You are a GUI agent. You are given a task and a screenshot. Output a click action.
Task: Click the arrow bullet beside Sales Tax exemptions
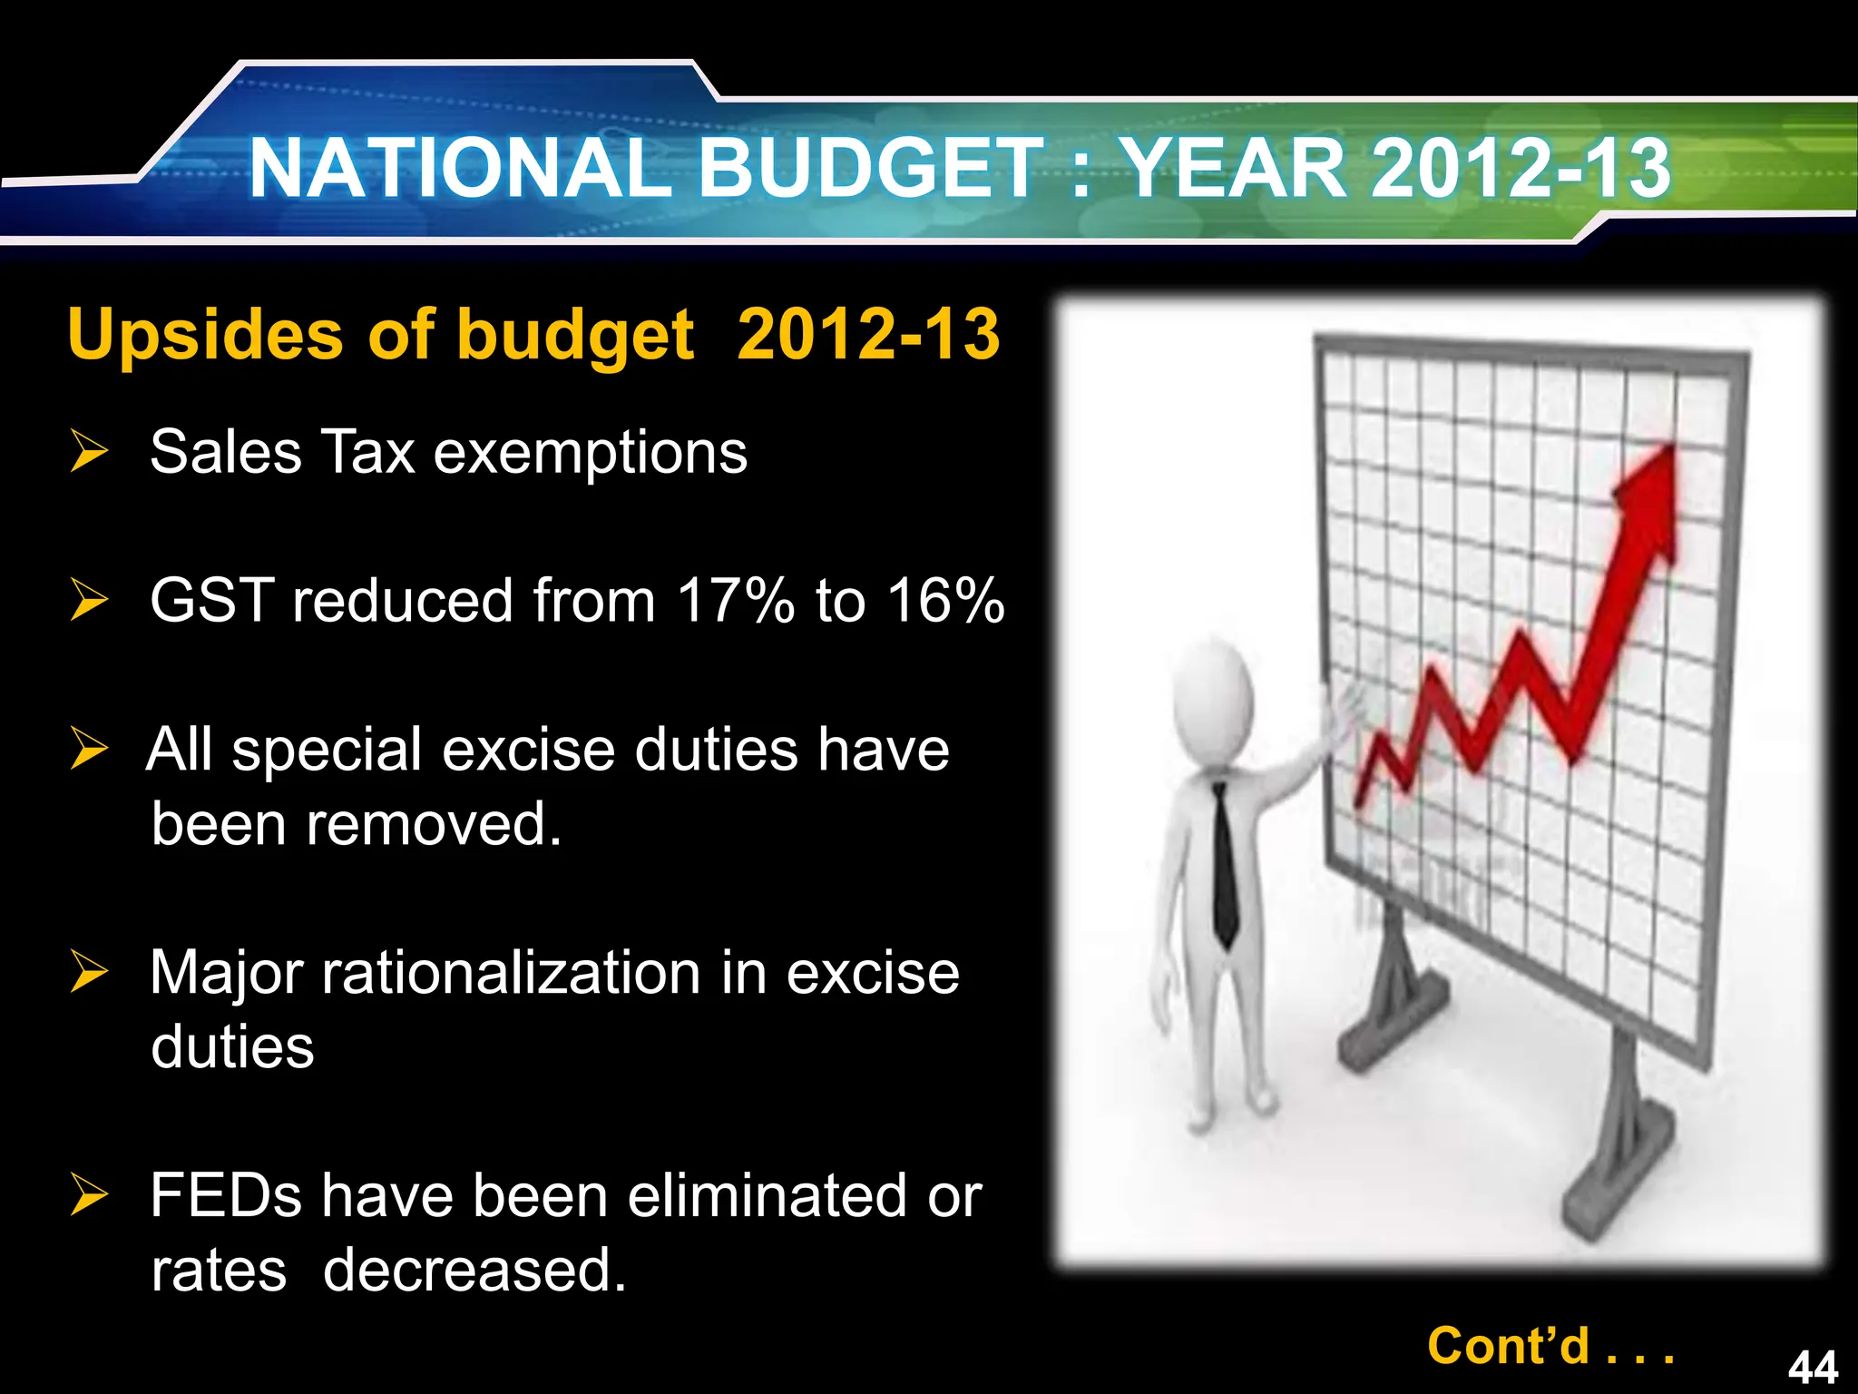[x=89, y=452]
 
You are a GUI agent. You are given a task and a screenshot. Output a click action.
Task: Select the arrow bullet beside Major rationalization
[x=89, y=972]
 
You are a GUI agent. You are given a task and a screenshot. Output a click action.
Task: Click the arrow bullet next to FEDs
[x=89, y=1194]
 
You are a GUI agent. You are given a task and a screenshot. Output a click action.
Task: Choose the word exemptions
[x=591, y=453]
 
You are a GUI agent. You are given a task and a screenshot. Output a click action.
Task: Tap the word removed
[x=434, y=824]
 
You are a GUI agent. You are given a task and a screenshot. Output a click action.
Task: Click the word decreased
[x=474, y=1270]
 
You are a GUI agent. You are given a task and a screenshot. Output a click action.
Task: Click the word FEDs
[x=226, y=1195]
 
